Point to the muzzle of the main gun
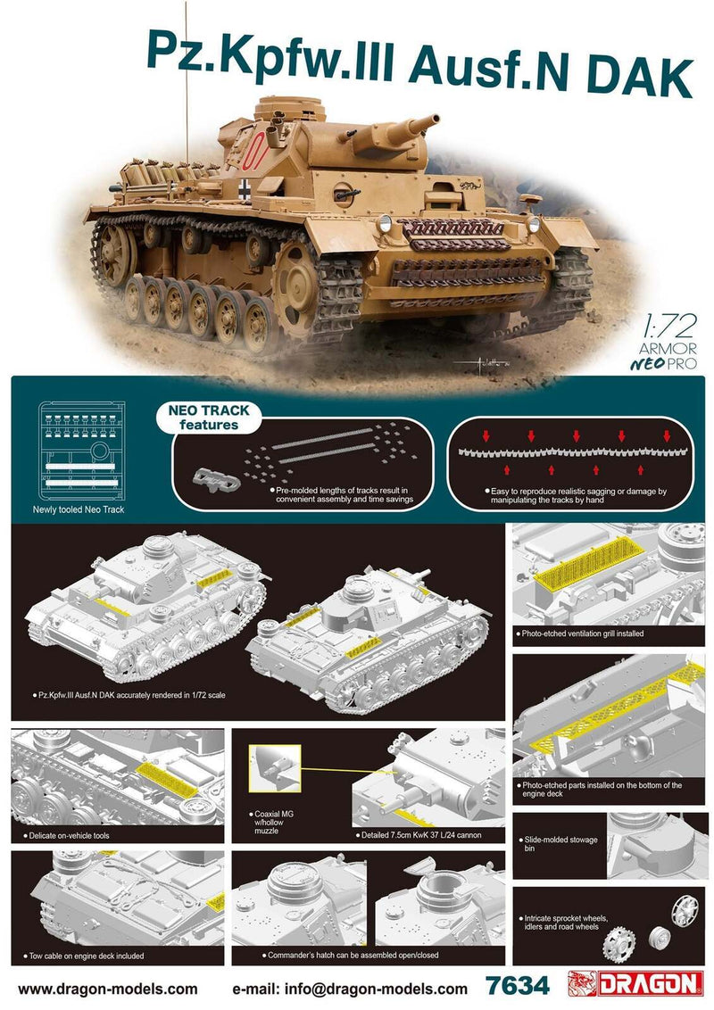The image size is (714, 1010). (x=419, y=124)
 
